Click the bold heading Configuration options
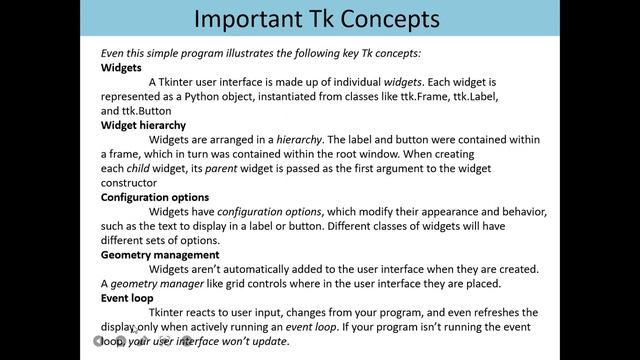click(153, 197)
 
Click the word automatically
click(259, 269)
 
